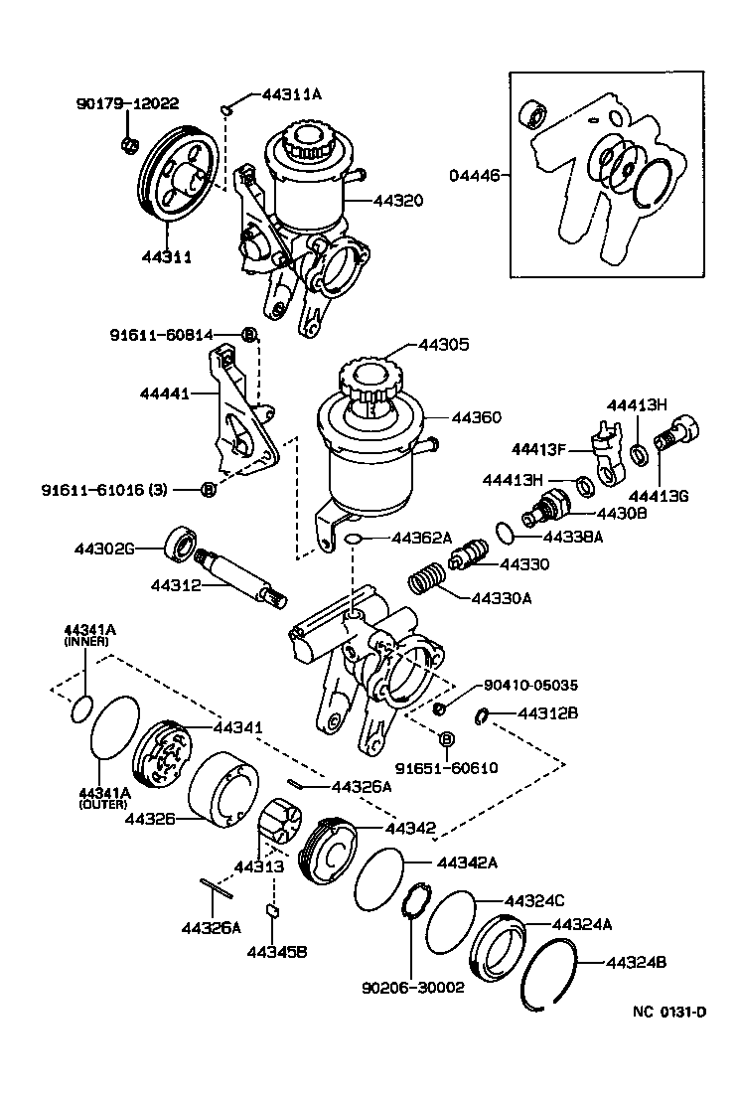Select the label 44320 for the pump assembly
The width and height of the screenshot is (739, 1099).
point(398,200)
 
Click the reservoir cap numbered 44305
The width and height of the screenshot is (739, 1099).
point(369,379)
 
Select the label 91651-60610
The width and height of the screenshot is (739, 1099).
point(446,768)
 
